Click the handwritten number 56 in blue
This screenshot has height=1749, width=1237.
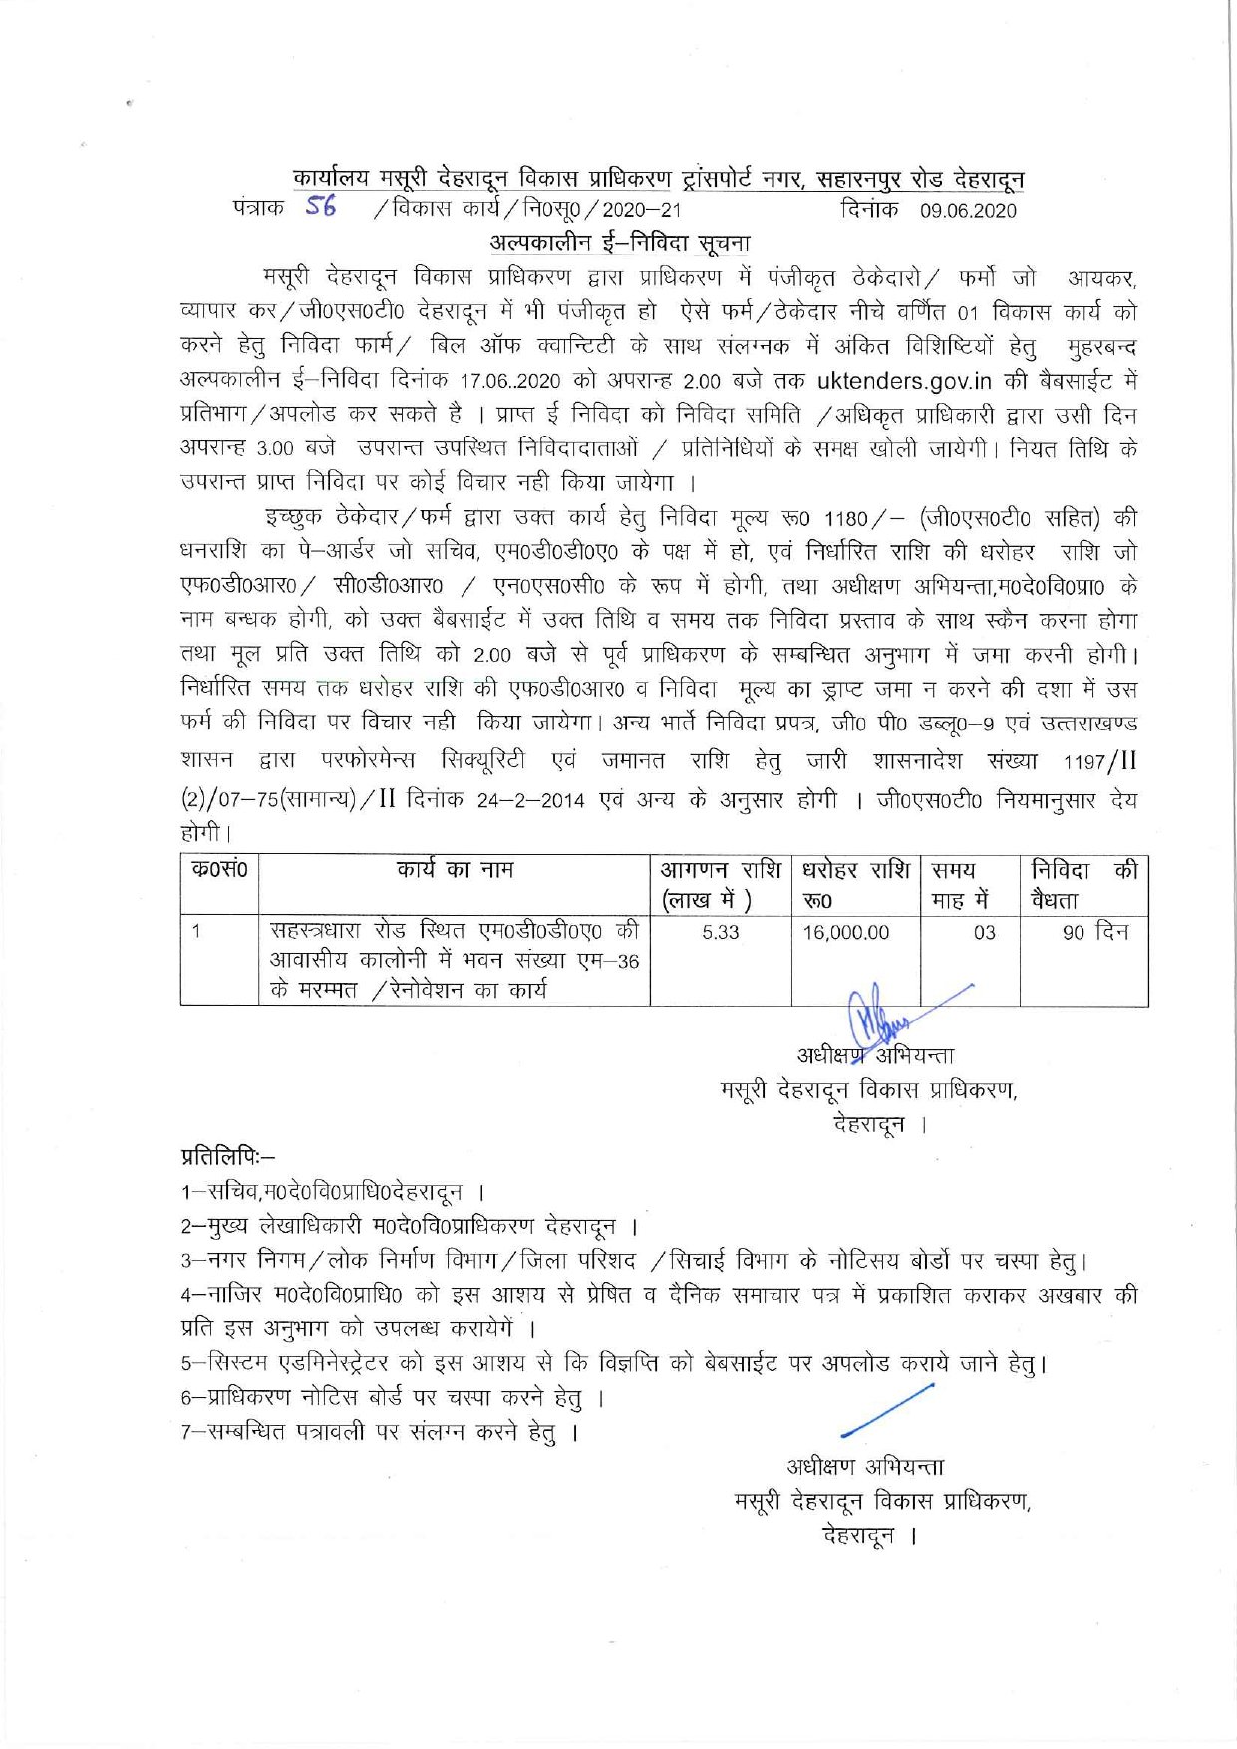(321, 206)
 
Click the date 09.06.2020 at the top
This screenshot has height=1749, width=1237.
(968, 210)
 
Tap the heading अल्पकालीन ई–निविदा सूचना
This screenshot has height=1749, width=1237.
(620, 243)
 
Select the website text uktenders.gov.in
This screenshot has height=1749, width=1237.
(903, 380)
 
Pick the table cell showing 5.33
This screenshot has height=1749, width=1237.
(720, 932)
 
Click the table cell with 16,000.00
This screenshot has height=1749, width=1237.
(846, 932)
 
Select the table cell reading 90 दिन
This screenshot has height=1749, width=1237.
(1094, 932)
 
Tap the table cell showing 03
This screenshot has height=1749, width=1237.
(984, 932)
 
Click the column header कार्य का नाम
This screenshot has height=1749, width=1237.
(455, 870)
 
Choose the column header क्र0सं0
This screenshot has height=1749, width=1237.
(219, 870)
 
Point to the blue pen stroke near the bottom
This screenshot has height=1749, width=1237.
(886, 1409)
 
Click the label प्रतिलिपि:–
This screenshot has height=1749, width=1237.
(228, 1156)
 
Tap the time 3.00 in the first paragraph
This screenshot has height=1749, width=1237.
(274, 449)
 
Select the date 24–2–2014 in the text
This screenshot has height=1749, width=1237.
(530, 801)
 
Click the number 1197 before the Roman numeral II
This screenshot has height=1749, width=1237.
(1083, 763)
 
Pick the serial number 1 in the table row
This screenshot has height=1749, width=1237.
(197, 932)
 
